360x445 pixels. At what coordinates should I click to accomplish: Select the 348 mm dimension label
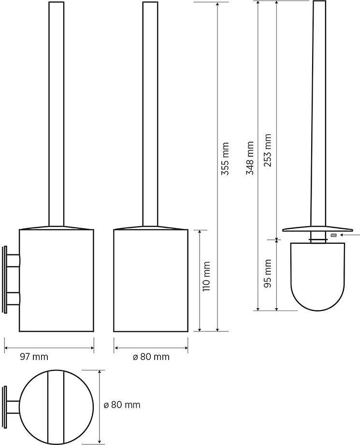[250, 158]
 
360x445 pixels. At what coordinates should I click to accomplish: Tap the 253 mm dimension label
[268, 150]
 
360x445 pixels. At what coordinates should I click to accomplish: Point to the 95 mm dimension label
[268, 273]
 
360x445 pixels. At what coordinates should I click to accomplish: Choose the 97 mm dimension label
[34, 356]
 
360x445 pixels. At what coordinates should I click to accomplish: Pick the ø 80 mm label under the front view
[151, 356]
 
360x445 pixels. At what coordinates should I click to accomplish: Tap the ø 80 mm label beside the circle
[122, 405]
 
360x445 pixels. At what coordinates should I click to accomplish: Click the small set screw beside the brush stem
[333, 235]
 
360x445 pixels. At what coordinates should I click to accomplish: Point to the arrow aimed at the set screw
[350, 235]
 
